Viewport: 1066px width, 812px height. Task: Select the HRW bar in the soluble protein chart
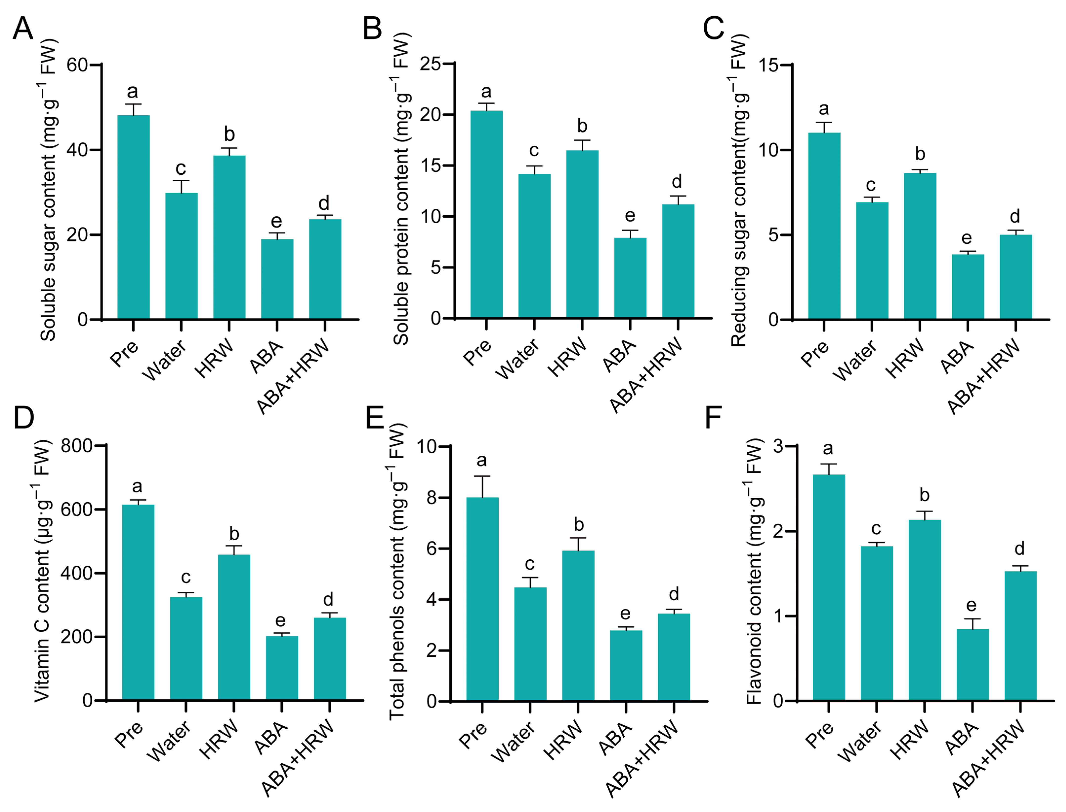[582, 234]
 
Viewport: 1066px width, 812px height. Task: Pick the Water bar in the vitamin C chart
[186, 648]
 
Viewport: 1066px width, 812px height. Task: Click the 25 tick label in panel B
[430, 64]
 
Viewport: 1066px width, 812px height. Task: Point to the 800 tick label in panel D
[76, 446]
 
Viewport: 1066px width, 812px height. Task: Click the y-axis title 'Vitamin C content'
[43, 570]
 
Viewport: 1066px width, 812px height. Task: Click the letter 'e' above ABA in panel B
[630, 216]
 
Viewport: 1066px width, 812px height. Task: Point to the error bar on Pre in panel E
[482, 487]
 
